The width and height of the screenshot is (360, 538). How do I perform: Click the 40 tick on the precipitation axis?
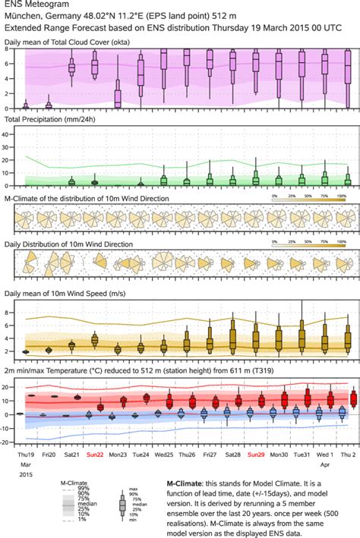point(8,134)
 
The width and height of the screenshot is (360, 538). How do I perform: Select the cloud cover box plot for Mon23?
point(118,95)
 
